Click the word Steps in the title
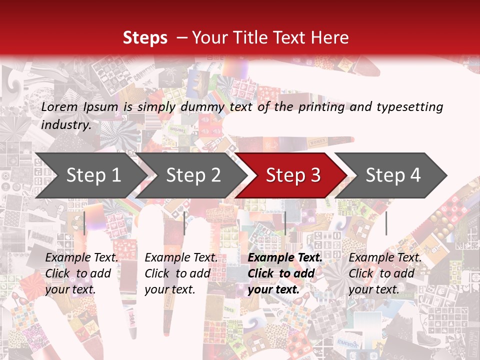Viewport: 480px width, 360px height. click(x=145, y=38)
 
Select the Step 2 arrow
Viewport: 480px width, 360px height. click(x=193, y=175)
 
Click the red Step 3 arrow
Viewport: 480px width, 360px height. click(x=293, y=175)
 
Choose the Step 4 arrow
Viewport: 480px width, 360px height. click(x=393, y=175)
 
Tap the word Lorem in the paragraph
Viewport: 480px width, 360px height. click(x=59, y=106)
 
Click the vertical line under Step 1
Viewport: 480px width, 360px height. click(x=85, y=223)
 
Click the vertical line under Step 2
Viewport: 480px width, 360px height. click(x=184, y=223)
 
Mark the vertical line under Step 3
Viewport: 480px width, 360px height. click(x=285, y=223)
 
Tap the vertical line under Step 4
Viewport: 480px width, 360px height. click(x=386, y=223)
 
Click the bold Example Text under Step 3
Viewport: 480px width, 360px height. click(x=285, y=257)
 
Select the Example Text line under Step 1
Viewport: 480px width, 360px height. click(x=81, y=257)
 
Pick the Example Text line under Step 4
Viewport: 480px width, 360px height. click(x=385, y=257)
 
